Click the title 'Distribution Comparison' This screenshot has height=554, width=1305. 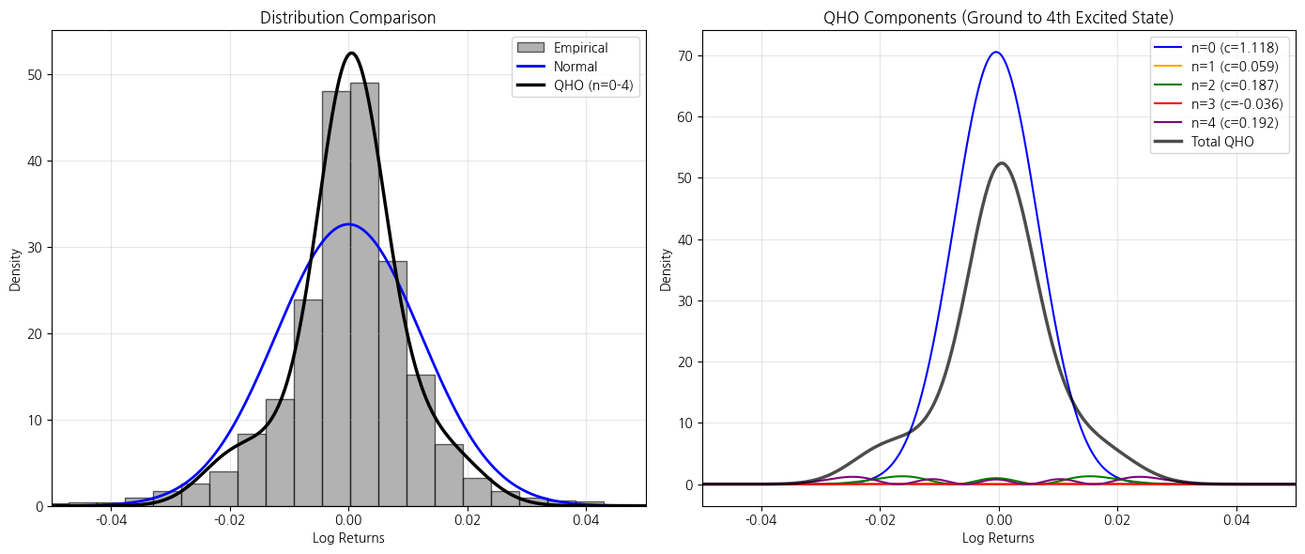pyautogui.click(x=347, y=18)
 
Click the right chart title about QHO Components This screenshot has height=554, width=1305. pyautogui.click(x=998, y=18)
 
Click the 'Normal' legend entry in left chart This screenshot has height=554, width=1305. pyautogui.click(x=575, y=67)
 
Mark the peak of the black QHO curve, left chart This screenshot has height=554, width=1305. pyautogui.click(x=351, y=54)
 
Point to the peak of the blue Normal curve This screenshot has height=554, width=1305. pyautogui.click(x=349, y=224)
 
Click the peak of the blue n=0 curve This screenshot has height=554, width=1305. pyautogui.click(x=995, y=53)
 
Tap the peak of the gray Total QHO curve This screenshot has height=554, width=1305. pyautogui.click(x=1002, y=163)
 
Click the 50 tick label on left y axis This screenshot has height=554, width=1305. pyautogui.click(x=34, y=75)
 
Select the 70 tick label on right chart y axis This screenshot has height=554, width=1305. pyautogui.click(x=684, y=56)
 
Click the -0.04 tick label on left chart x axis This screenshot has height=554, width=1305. pyautogui.click(x=111, y=520)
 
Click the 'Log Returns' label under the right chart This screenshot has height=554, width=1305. pyautogui.click(x=998, y=538)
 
